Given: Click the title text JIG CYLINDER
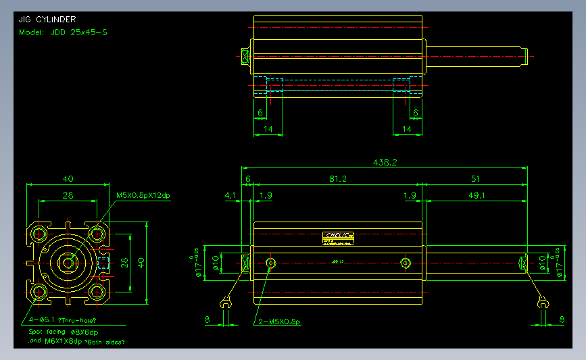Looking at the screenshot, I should [47, 20].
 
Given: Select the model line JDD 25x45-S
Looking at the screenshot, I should [63, 32].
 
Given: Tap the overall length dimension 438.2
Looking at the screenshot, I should [385, 162].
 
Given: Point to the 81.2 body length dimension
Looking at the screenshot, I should [337, 179].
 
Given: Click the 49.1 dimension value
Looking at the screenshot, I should [475, 195].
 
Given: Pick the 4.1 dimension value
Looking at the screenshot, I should [230, 195].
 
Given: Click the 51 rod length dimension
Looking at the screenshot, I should [475, 179].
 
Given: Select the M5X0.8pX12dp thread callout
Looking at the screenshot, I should [143, 196].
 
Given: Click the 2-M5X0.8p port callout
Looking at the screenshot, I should [278, 322].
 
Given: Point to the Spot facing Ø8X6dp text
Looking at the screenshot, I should [63, 332].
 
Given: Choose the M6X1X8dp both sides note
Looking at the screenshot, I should [77, 342].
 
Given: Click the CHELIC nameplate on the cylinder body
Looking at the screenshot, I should [338, 237].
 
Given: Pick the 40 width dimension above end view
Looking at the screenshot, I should [68, 179].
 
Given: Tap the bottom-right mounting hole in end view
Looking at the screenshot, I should [97, 292].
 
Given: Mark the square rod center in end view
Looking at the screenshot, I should [68, 262].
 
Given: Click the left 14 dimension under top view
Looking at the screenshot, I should [268, 128].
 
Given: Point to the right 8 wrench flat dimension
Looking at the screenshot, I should [562, 319].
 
